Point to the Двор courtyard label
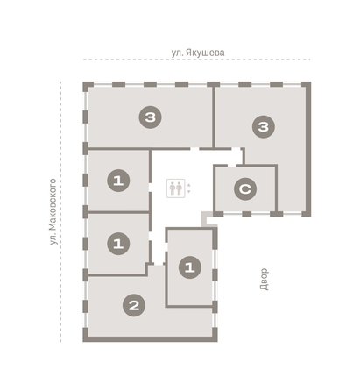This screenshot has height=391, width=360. point(264,280)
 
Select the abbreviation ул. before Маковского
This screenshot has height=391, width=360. point(53,239)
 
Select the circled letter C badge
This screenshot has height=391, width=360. point(245,188)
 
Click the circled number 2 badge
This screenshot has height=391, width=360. point(134,305)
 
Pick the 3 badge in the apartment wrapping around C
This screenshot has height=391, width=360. point(264,127)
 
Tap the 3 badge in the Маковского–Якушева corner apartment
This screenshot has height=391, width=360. point(151,117)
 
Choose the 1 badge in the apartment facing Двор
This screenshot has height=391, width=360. point(190,267)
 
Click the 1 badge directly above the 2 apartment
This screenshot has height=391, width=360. point(118,244)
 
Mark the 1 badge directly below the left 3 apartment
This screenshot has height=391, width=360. point(118,181)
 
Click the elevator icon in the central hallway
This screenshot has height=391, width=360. point(176,188)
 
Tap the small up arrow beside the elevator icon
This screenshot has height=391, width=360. point(188,185)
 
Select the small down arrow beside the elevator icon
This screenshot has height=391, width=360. point(188,192)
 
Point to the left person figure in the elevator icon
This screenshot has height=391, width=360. point(173,188)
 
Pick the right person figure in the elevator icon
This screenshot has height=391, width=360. point(179,188)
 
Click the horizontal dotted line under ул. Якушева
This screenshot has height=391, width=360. point(197,60)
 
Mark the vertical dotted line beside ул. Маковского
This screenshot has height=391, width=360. point(60,211)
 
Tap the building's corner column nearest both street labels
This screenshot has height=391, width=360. point(88,86)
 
